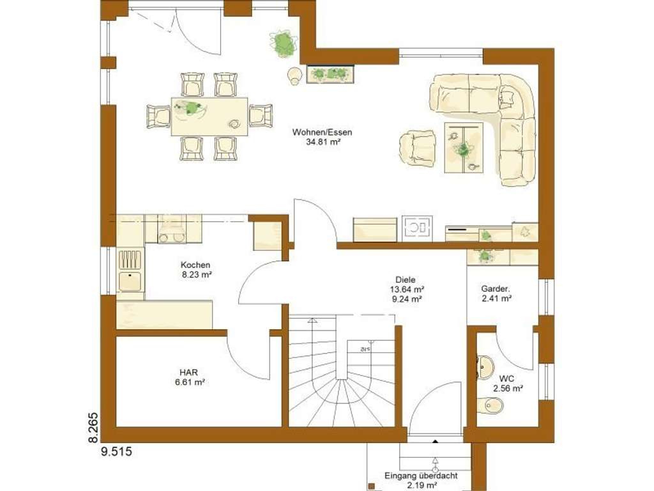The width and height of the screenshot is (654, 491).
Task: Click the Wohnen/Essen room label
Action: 322,132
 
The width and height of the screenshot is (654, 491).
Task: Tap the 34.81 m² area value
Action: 322,143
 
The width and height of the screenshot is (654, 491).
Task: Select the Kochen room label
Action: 195,265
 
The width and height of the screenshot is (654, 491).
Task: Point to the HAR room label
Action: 188,372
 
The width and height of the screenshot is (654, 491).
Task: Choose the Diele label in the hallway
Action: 406,279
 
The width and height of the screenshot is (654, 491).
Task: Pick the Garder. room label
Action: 496,288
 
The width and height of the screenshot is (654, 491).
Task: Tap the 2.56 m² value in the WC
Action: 508,388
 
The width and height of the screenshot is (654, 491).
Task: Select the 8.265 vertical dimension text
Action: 93,427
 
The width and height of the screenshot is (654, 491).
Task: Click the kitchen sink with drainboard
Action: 130,270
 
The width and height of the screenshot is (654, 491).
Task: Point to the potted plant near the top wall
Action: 283,43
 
